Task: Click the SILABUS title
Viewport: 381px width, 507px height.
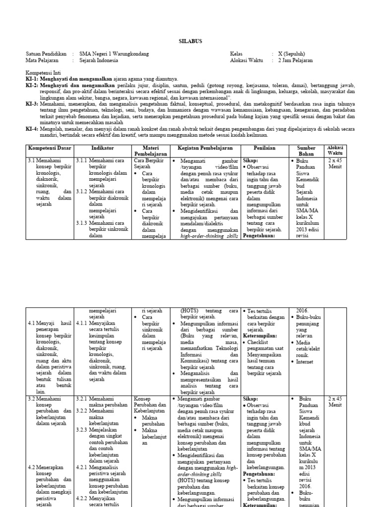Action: pos(191,42)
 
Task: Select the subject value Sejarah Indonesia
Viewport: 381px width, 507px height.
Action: pos(99,60)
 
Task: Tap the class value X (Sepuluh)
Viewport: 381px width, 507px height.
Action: pos(292,53)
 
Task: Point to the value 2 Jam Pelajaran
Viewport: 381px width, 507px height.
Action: pos(295,60)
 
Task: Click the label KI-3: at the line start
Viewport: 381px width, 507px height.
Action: pos(32,104)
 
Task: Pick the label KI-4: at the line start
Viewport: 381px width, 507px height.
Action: pos(32,129)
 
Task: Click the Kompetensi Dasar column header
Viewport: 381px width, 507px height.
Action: pos(49,148)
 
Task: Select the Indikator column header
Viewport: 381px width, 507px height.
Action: pos(103,148)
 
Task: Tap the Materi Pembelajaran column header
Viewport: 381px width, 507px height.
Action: pos(150,151)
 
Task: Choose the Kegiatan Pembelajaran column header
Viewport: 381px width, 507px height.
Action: pos(205,148)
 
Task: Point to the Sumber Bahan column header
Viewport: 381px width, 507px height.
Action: pos(306,151)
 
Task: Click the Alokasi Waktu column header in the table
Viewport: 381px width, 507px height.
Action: pos(335,151)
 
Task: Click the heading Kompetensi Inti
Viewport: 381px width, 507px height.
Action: pos(45,72)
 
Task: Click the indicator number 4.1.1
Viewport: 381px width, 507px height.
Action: pos(82,323)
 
